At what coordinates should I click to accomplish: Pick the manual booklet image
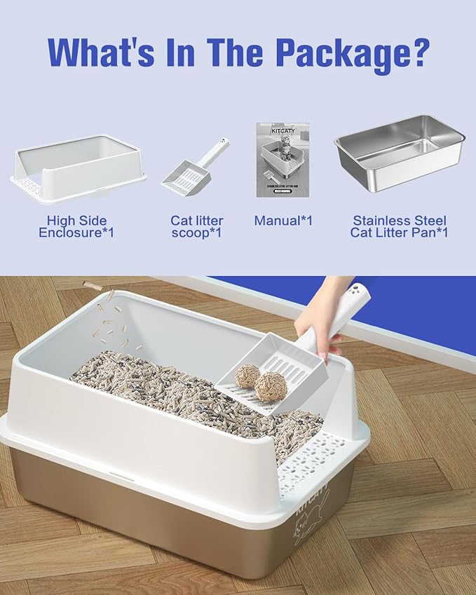[283, 159]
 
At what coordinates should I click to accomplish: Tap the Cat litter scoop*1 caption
[196, 226]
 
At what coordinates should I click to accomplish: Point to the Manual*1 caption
[283, 221]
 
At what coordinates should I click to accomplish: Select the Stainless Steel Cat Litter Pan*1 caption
[400, 226]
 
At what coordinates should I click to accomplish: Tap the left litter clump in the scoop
[246, 376]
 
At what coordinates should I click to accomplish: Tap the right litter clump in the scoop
[270, 386]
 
